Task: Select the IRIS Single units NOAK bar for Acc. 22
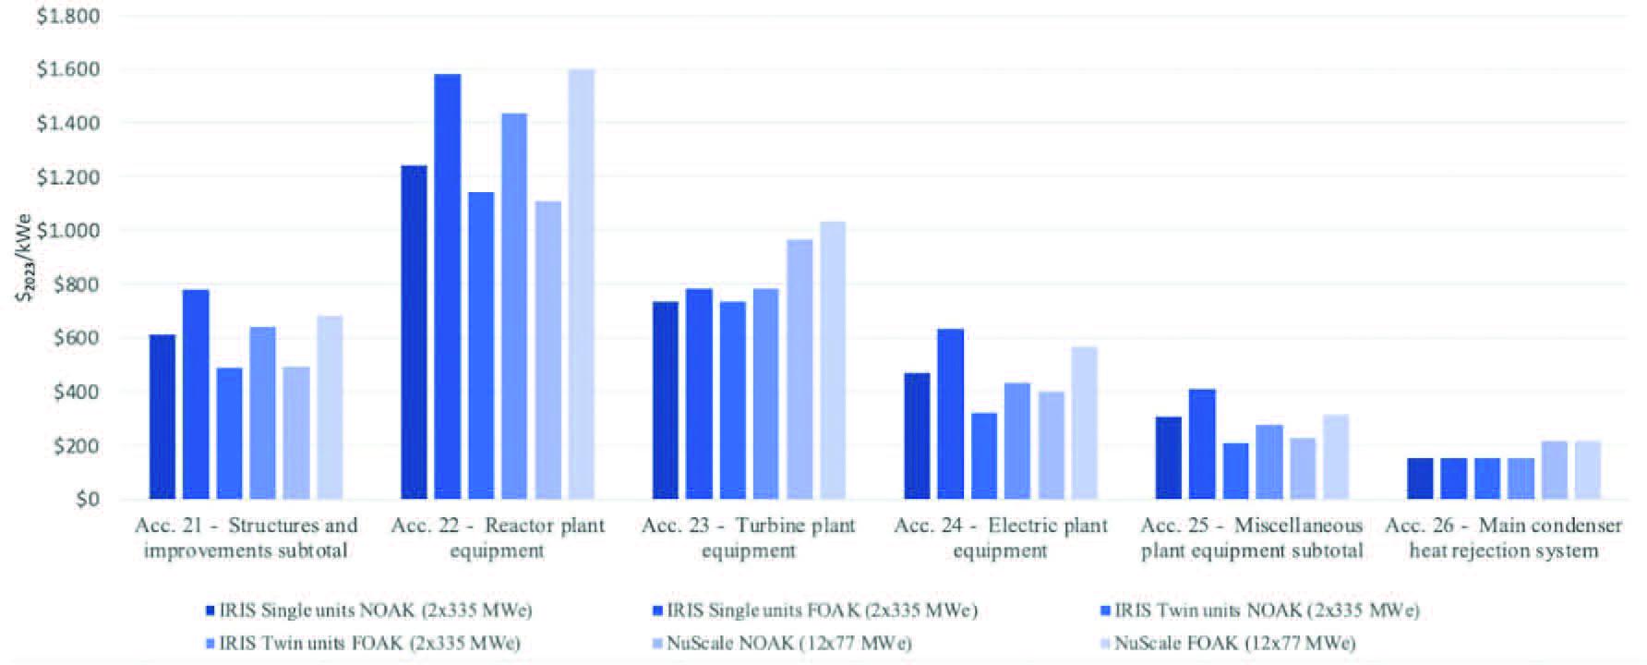[414, 332]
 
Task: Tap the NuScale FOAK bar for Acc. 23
[833, 360]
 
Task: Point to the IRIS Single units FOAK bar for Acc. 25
[1202, 444]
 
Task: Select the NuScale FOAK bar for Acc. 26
[1587, 470]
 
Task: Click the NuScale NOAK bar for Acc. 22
[547, 350]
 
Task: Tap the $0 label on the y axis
[87, 500]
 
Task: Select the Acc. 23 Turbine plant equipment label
[749, 538]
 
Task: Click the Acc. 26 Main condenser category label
[1503, 538]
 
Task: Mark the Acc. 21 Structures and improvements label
[246, 538]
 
